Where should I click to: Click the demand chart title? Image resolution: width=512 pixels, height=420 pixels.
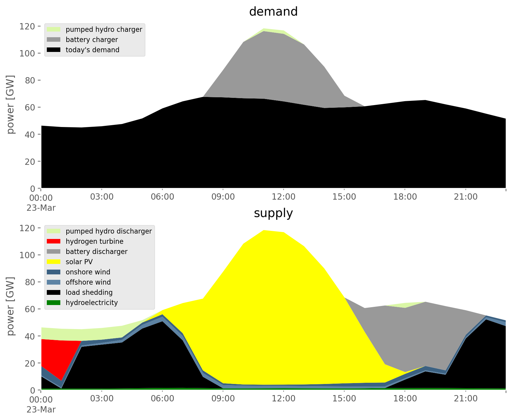point(273,12)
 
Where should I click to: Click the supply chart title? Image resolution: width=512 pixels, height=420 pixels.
point(273,213)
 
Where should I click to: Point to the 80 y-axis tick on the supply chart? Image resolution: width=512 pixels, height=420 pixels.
point(30,282)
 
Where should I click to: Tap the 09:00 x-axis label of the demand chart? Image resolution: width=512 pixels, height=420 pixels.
point(223,197)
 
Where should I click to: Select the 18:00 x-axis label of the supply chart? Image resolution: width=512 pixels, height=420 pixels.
point(405,399)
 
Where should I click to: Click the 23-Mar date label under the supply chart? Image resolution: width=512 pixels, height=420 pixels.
point(41,409)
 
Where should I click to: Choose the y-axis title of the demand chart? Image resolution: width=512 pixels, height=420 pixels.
point(10,104)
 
